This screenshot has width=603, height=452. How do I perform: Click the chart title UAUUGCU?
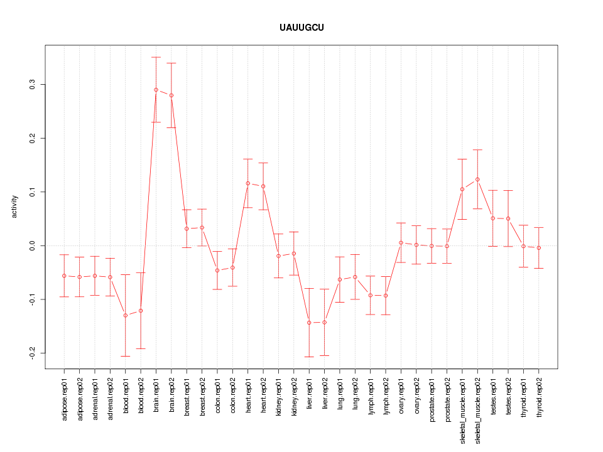point(301,28)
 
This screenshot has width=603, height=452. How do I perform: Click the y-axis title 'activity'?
point(14,207)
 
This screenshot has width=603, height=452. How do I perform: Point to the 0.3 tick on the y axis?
point(32,84)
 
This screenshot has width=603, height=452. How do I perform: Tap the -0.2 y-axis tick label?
point(32,353)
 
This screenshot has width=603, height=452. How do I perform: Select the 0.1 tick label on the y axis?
point(32,191)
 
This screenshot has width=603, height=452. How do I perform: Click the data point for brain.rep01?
point(156,90)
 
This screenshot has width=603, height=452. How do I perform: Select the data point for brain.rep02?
point(171,95)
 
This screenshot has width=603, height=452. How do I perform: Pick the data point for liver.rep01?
point(309,323)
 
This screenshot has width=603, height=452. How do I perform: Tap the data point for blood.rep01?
point(126,315)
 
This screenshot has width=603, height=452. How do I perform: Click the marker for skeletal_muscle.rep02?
point(477,180)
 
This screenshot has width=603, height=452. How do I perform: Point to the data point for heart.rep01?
point(248,183)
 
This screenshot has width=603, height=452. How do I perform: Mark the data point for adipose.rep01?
point(64,276)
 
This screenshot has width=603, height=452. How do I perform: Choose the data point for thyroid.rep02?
point(539,248)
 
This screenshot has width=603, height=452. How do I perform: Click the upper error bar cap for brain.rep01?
point(156,57)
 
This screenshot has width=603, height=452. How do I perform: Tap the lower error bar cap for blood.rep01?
point(126,356)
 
